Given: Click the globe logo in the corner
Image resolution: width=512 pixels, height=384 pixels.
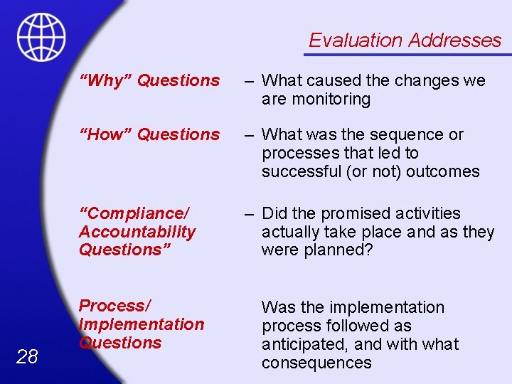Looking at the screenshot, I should point(41,37).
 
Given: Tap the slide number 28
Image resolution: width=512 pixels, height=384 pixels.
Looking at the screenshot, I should point(27,357).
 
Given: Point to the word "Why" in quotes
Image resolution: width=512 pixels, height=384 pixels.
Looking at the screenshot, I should point(105,81).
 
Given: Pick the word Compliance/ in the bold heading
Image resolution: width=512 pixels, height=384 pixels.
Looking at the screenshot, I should point(134,213).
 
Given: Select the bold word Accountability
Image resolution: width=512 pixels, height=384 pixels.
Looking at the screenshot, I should point(137,232).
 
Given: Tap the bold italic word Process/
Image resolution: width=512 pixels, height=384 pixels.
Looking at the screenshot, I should point(114,306).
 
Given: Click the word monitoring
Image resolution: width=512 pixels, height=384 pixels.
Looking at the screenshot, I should point(334,100).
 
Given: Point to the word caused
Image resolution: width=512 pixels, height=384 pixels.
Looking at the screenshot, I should point(341,81).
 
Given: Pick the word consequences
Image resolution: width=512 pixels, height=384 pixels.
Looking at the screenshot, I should point(316,363).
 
